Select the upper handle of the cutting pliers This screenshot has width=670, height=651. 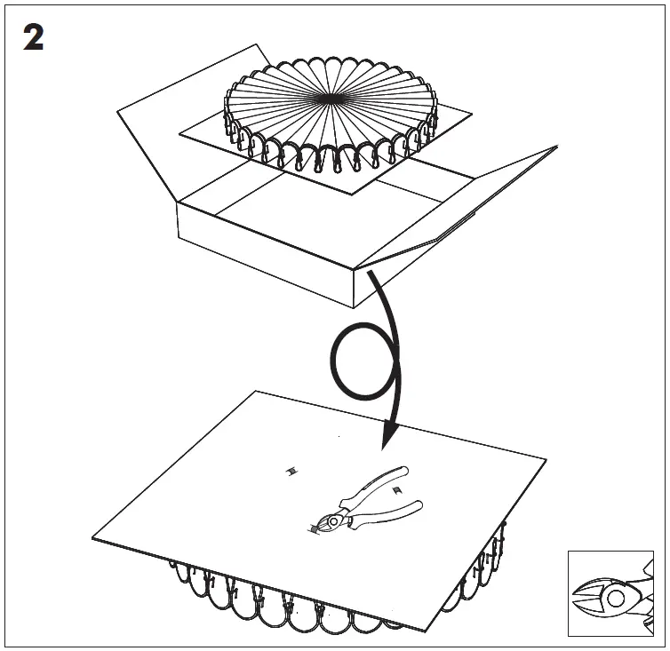pos(377,484)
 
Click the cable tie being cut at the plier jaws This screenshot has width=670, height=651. pos(314,530)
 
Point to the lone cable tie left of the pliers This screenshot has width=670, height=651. pos(290,472)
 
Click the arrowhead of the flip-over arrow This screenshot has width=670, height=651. pos(389,436)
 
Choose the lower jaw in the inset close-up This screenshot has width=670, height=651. pos(591,608)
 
